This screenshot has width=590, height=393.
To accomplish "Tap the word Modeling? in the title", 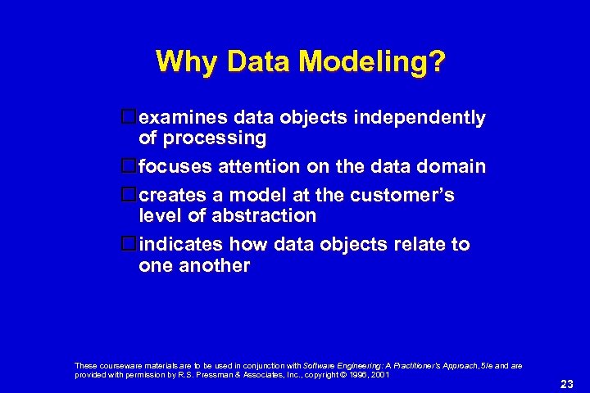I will pyautogui.click(x=382, y=62).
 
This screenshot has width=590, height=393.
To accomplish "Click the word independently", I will pyautogui.click(x=420, y=118).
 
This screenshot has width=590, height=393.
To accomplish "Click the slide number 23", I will pyautogui.click(x=566, y=383).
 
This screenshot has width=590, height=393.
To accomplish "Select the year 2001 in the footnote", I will pyautogui.click(x=380, y=374).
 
